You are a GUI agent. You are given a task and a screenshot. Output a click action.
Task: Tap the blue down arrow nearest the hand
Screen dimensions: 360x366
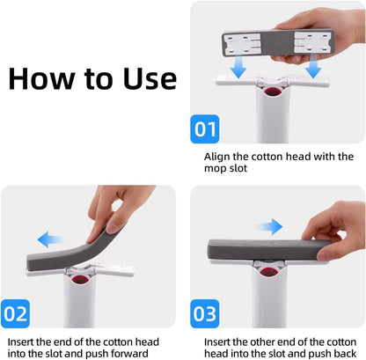coord(314,68)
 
